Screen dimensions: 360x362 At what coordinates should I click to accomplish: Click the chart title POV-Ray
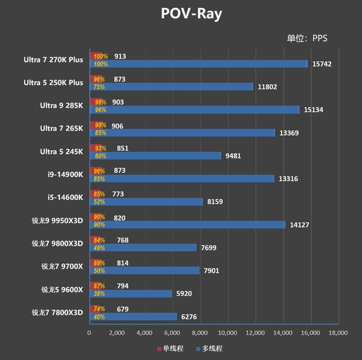191,14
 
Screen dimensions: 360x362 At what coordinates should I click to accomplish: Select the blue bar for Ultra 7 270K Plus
199,64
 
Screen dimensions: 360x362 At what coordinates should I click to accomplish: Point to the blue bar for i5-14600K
146,202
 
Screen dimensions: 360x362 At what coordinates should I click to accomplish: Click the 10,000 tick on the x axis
228,333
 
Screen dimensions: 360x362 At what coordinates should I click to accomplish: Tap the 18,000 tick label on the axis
338,333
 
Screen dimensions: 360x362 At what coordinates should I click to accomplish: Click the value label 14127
299,225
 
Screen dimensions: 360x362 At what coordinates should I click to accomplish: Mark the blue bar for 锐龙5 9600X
131,294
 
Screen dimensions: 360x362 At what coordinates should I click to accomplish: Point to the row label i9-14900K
65,175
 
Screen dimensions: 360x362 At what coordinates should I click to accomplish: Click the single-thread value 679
123,309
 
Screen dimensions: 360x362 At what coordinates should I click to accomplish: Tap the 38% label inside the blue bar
99,294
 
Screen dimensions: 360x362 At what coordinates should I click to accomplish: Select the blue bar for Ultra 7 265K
182,133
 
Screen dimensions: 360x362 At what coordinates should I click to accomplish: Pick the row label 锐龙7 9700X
62,266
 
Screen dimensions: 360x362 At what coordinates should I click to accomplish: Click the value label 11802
267,87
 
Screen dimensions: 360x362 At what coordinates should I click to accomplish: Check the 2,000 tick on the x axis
117,333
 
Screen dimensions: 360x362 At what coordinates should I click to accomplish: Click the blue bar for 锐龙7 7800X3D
133,317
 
